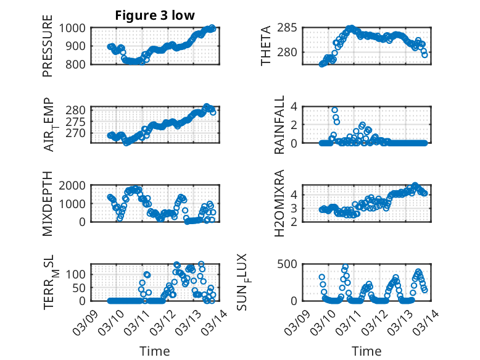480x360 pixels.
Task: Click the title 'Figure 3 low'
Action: [x=155, y=15]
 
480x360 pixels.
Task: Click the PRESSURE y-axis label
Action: [x=48, y=46]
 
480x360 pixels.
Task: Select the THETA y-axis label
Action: [x=266, y=46]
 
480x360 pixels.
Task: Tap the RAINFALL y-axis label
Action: [x=279, y=125]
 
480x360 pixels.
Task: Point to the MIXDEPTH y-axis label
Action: [x=48, y=204]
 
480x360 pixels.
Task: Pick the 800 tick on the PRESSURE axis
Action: [x=77, y=64]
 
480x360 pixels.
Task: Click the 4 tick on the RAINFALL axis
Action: [x=294, y=107]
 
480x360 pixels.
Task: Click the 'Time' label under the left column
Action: [x=154, y=351]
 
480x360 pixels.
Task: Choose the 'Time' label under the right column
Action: [x=366, y=351]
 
